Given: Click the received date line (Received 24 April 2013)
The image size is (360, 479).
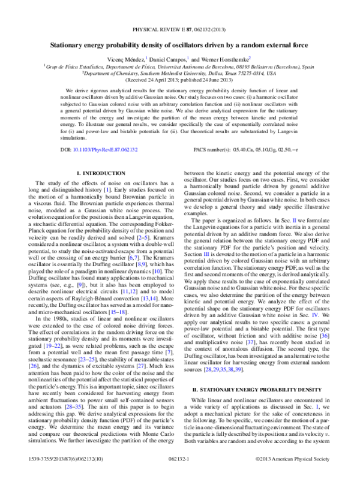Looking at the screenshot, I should [179, 79].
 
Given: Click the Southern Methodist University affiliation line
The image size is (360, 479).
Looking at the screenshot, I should [179, 73].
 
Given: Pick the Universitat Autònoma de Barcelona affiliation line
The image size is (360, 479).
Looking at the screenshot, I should [179, 67].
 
